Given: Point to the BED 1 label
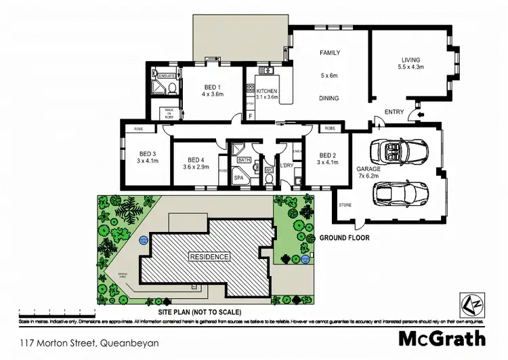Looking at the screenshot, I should click(213, 87).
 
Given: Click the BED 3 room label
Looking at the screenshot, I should click(148, 153).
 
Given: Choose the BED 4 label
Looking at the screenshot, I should click(195, 159).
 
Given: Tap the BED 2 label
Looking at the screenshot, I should click(328, 155).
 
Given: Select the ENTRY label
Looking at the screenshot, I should click(394, 112).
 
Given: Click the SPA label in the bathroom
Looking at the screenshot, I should click(239, 178).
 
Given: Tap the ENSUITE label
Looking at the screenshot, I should click(166, 77).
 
